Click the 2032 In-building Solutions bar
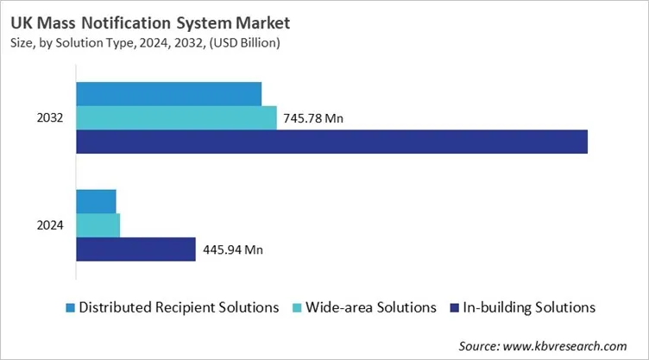(x=332, y=142)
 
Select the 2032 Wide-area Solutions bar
(x=176, y=118)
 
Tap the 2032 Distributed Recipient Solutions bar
(x=169, y=94)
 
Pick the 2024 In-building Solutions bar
(x=136, y=249)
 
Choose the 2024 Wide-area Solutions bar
(x=98, y=225)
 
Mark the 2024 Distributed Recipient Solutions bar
(x=96, y=201)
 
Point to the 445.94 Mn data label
(x=233, y=250)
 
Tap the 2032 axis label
(x=50, y=118)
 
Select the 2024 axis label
(x=50, y=225)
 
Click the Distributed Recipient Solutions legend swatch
(x=70, y=307)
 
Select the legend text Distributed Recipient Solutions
(x=179, y=307)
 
